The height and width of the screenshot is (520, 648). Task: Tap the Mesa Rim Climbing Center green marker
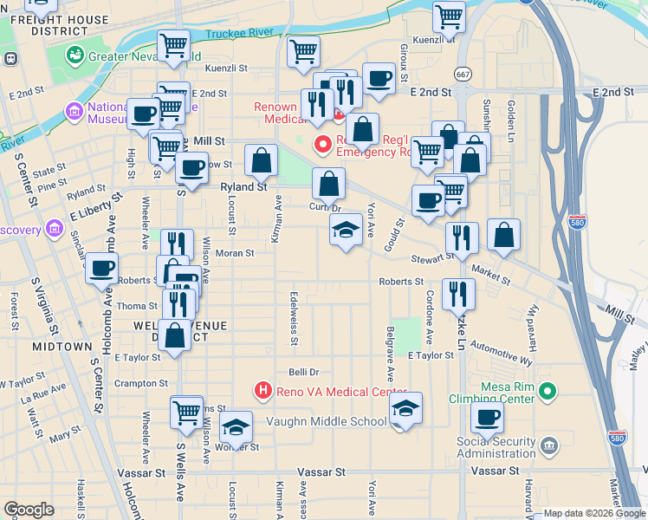pyautogui.click(x=547, y=393)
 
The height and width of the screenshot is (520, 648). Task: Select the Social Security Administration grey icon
pyautogui.click(x=548, y=446)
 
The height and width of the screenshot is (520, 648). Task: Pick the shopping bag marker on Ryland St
pyautogui.click(x=261, y=159)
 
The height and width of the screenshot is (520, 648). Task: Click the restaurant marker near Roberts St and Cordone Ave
pyautogui.click(x=458, y=294)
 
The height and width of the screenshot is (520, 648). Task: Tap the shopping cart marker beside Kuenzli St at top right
pyautogui.click(x=449, y=16)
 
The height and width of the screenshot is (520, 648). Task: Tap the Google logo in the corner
pyautogui.click(x=29, y=510)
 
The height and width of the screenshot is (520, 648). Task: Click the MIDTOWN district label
pyautogui.click(x=62, y=346)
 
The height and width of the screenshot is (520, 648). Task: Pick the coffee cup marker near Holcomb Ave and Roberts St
pyautogui.click(x=102, y=268)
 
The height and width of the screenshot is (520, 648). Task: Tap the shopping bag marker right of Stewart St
pyautogui.click(x=503, y=234)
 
